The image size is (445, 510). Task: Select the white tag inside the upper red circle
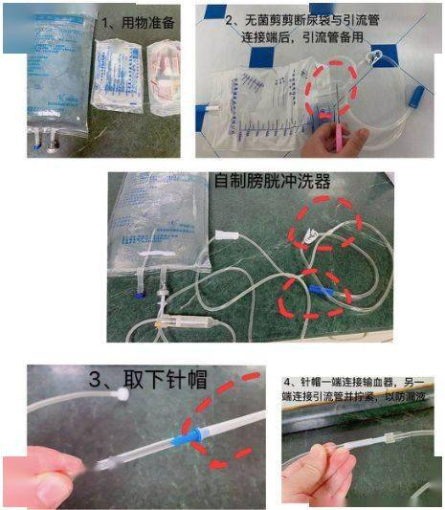click(x=308, y=232)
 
